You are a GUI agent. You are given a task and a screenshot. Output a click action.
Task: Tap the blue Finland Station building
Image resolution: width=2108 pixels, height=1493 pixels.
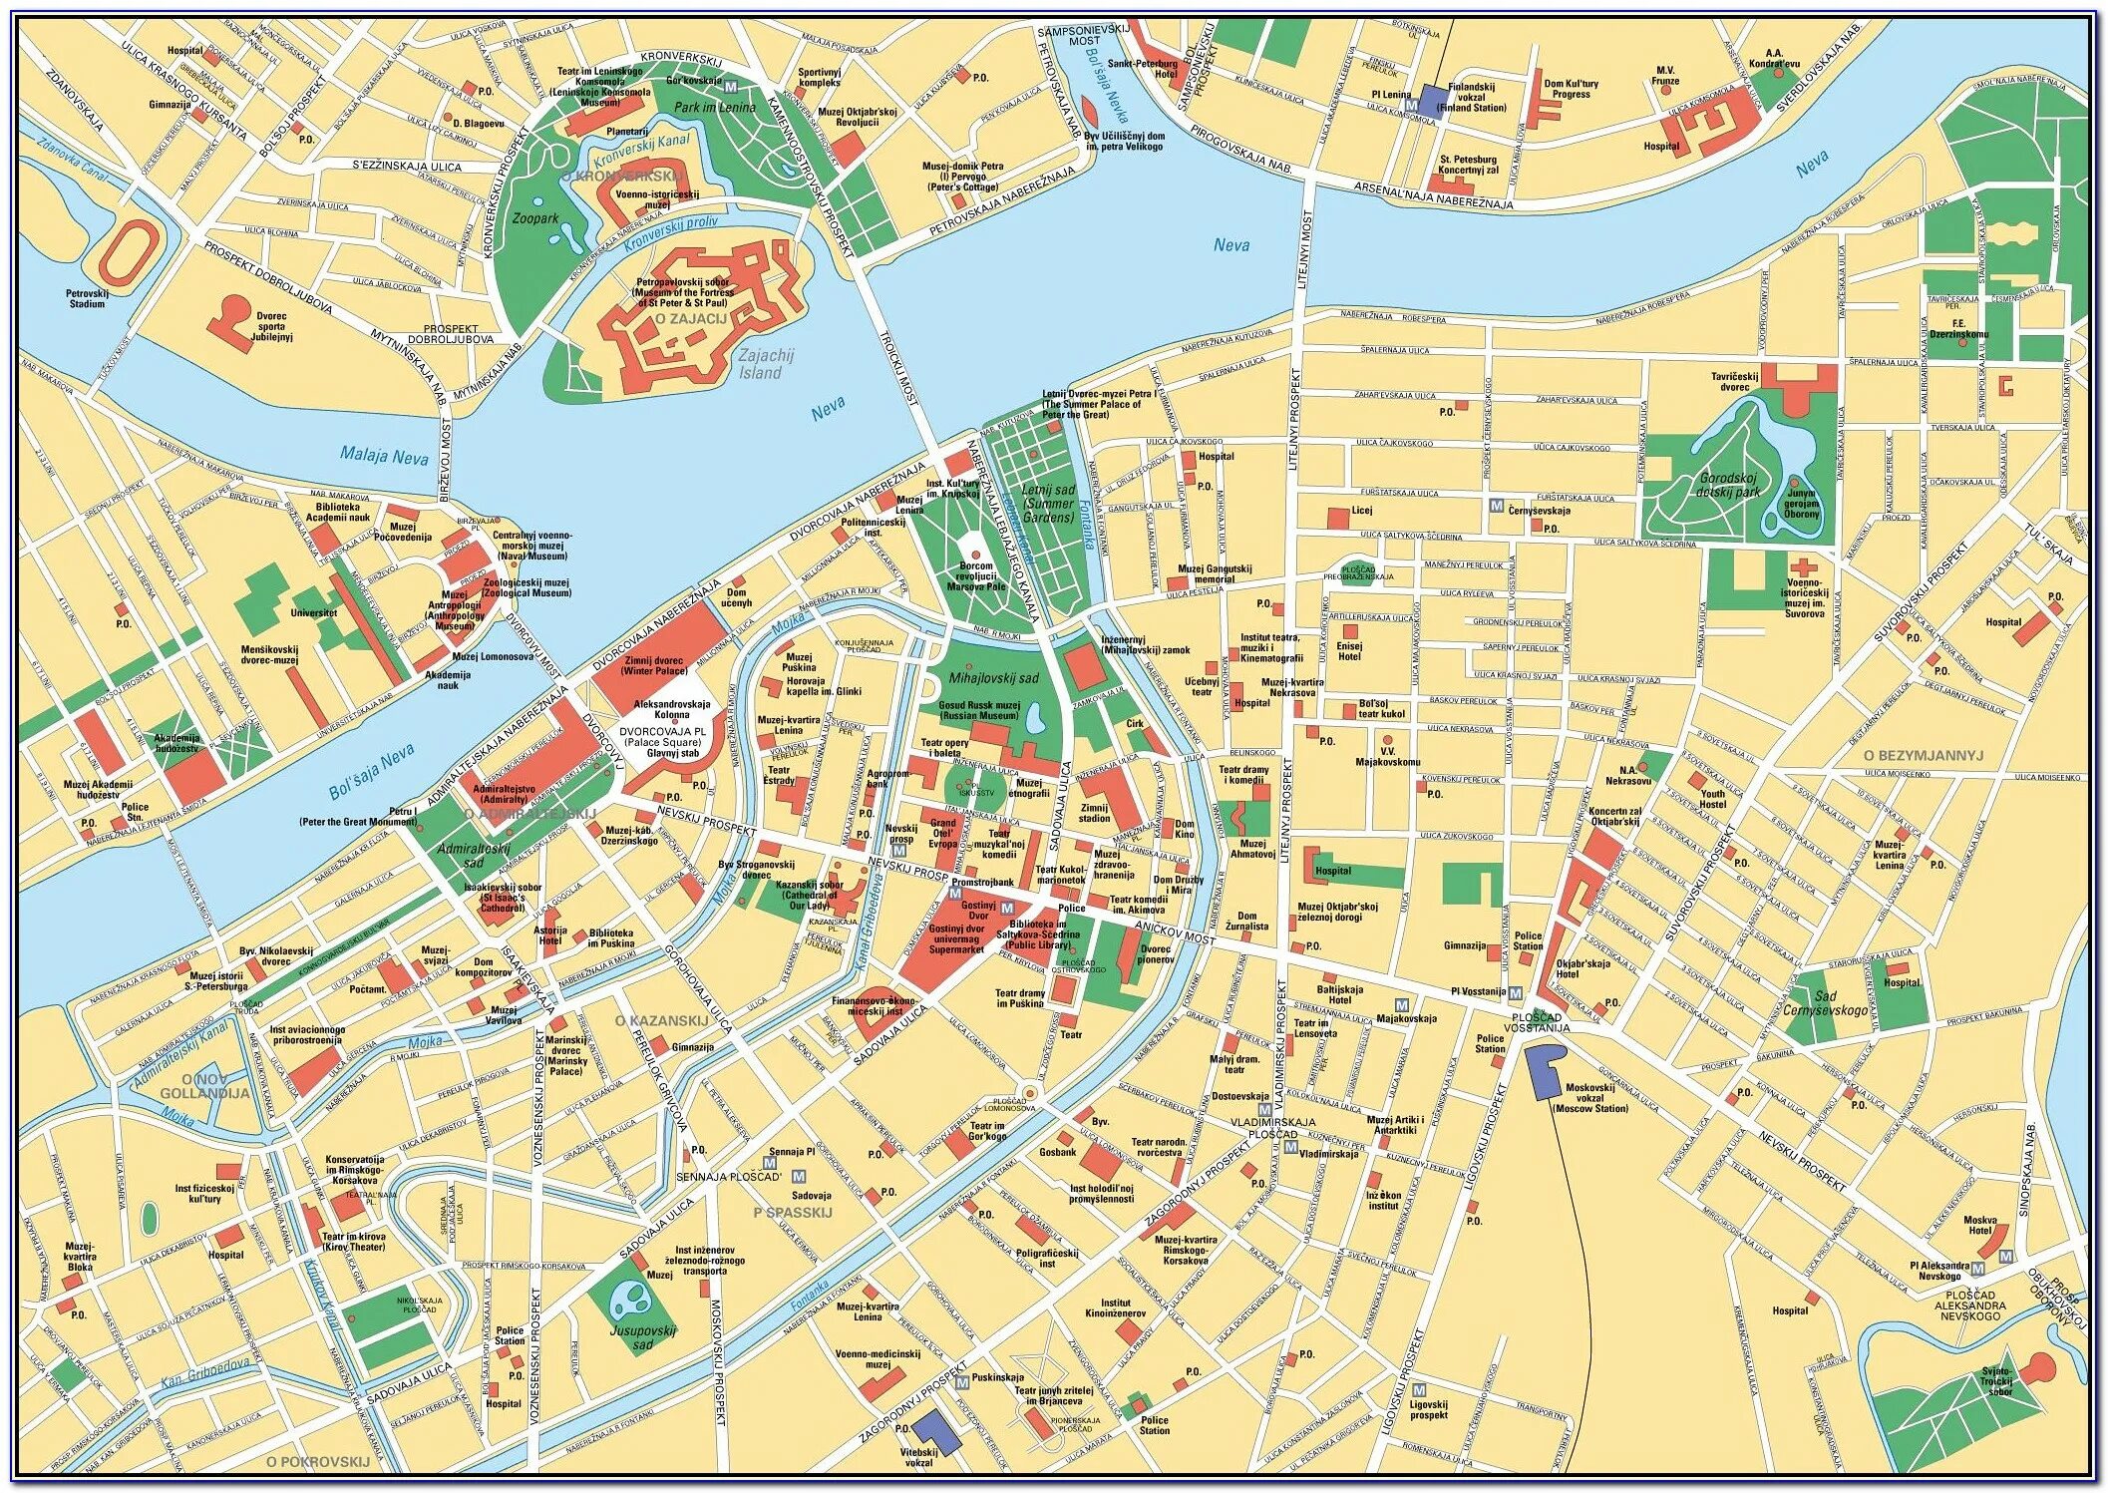tap(1433, 100)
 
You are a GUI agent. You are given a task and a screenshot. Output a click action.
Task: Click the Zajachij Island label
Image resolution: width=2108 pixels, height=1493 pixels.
tap(760, 364)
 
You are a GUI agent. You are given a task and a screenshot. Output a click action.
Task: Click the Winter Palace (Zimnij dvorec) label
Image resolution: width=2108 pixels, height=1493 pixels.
tap(653, 665)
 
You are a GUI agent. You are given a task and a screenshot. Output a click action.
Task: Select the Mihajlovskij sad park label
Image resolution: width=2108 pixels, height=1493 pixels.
tap(993, 678)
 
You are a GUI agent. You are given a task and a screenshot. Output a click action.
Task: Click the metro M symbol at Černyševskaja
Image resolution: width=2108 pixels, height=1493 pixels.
tap(1496, 506)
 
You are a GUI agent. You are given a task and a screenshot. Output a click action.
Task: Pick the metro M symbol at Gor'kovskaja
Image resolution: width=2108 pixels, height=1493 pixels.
tap(731, 80)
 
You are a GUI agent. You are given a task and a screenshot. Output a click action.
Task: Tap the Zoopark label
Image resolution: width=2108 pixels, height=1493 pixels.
tap(534, 218)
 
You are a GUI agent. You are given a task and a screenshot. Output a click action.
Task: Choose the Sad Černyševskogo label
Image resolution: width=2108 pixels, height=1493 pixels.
tap(1840, 1003)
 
